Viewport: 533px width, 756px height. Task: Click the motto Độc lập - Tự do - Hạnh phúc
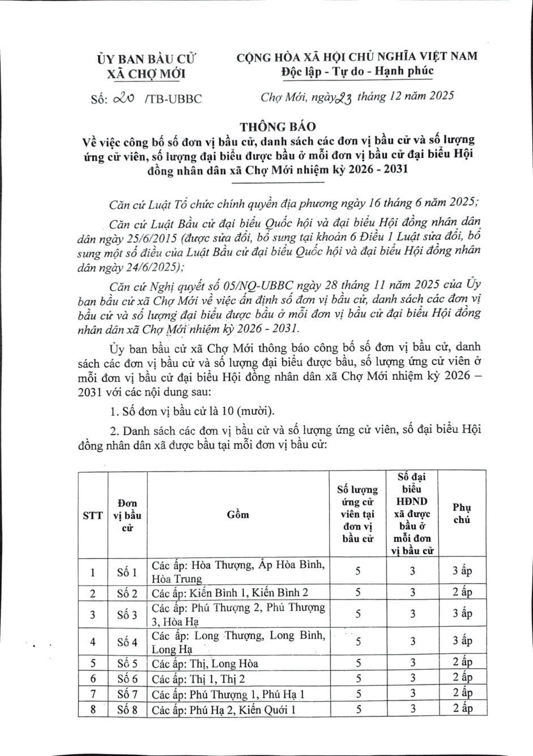click(x=357, y=71)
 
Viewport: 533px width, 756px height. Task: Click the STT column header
click(x=92, y=515)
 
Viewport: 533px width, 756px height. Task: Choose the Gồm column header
click(x=238, y=515)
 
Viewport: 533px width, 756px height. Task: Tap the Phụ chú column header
click(x=462, y=513)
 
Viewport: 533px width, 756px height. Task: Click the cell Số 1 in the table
click(x=127, y=572)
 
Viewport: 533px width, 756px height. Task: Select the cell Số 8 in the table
click(x=127, y=709)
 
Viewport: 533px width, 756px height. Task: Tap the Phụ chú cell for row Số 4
click(x=462, y=642)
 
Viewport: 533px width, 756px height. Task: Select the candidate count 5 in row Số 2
click(x=358, y=593)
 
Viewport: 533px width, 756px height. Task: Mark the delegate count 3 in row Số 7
click(x=413, y=694)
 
